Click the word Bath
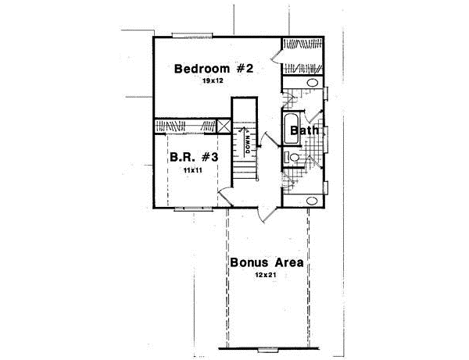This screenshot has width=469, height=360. pos(303,131)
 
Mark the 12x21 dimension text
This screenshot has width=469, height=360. pos(263,275)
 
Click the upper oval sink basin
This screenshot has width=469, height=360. pos(311,83)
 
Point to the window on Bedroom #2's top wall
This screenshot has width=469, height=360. pos(190,34)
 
